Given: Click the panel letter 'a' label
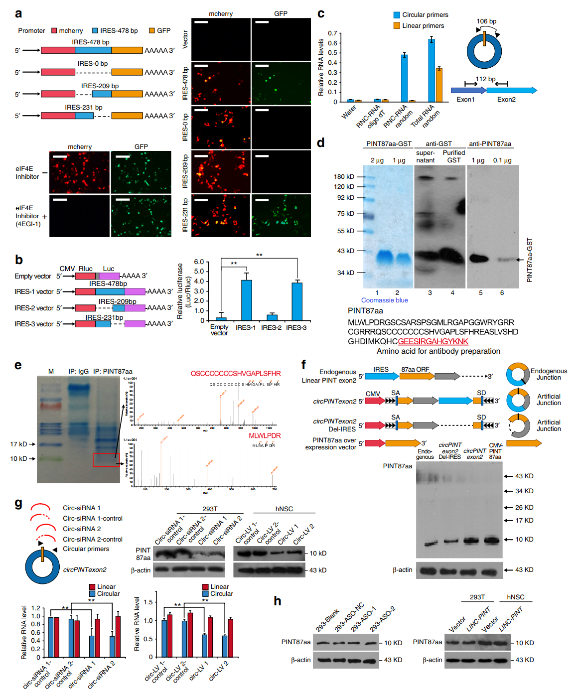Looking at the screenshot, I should coord(18,13).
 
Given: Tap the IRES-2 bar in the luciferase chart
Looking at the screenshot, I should coord(272,317).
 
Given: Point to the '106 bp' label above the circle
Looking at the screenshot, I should coord(486,21).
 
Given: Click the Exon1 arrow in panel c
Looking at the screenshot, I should coord(468,90).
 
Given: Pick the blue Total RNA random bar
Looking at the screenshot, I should coord(431,70).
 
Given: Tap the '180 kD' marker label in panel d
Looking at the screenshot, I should coord(344,176).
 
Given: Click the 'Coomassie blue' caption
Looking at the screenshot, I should coord(384,300).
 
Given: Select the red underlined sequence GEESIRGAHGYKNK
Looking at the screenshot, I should coord(433,341).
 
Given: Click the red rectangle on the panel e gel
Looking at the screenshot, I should coord(106,460).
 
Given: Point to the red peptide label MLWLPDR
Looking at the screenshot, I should coord(265,435).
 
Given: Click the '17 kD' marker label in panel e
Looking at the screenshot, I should coord(18,444).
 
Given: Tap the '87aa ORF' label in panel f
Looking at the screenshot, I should coord(415,369).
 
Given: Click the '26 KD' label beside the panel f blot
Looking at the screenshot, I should coord(524,507).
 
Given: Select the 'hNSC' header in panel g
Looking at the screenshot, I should coord(284,509).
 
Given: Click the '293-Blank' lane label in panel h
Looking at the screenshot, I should coord(327,619).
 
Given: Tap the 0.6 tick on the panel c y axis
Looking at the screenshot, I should coord(332,43).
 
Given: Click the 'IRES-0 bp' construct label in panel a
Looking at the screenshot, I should coord(93,64).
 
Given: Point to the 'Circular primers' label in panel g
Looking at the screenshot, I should coord(86,549).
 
